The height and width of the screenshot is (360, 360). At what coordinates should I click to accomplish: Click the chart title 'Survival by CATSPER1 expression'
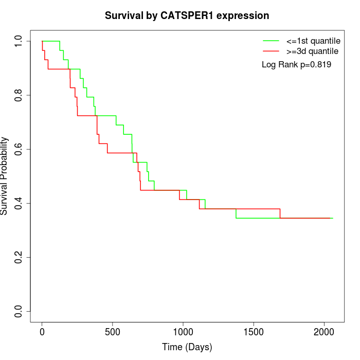187,16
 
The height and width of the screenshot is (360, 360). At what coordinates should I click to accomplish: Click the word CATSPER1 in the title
196,16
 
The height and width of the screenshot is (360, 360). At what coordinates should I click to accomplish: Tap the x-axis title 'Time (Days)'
187,347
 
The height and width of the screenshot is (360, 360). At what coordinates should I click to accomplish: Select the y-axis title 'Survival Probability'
5,176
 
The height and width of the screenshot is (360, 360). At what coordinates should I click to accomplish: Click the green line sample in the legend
271,40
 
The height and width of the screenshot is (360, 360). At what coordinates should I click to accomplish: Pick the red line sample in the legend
271,51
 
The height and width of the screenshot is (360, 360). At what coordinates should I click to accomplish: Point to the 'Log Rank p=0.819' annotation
296,65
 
